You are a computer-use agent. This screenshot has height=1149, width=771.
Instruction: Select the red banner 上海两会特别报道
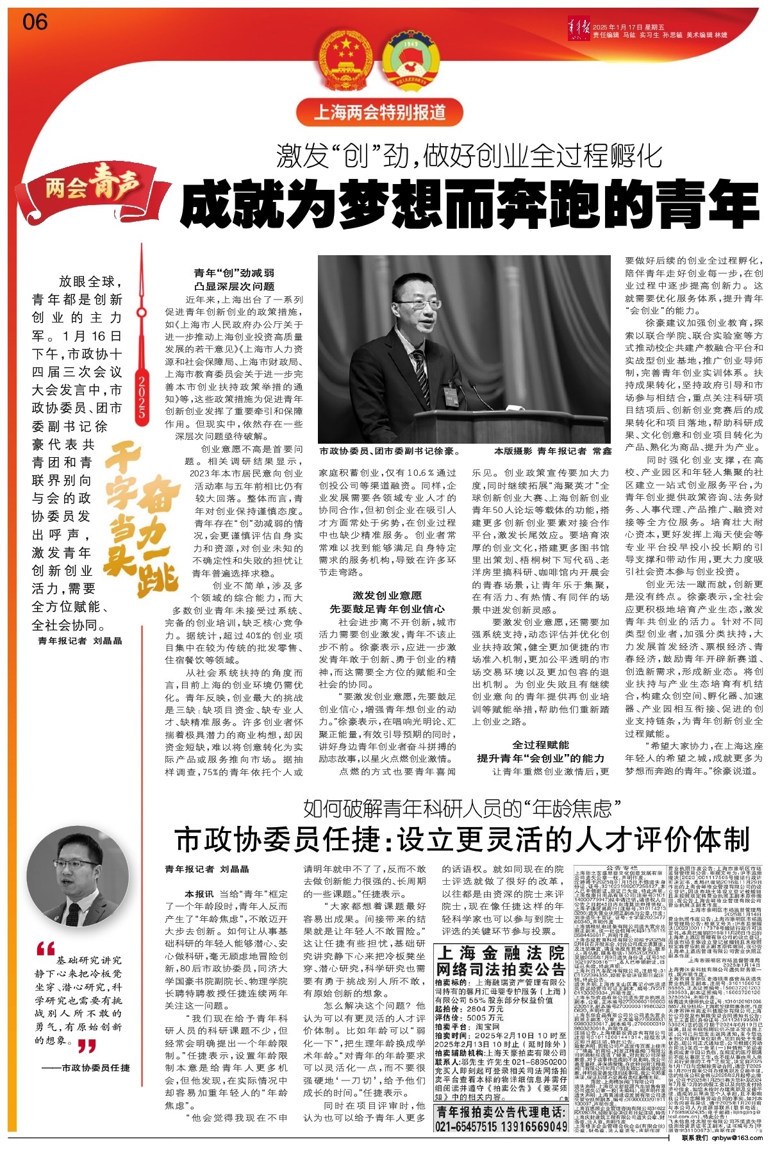point(379,113)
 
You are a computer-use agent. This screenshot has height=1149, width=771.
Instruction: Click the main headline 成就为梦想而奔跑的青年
point(469,204)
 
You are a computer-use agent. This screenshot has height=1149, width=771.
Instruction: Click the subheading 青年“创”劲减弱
point(235,273)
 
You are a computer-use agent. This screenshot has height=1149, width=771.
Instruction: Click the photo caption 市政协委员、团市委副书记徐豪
point(390,451)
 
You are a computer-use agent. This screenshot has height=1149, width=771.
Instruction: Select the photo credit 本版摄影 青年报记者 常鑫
point(552,451)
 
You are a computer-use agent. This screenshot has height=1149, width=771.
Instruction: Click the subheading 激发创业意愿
point(387,596)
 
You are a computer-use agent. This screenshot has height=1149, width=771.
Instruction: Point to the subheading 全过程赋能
point(540,744)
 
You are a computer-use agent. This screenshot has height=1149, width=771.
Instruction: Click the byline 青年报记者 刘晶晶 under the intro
point(80,641)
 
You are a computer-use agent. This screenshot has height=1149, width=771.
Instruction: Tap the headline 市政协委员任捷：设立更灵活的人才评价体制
point(462,839)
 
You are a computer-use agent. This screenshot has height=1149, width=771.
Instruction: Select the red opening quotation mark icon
point(46,948)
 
